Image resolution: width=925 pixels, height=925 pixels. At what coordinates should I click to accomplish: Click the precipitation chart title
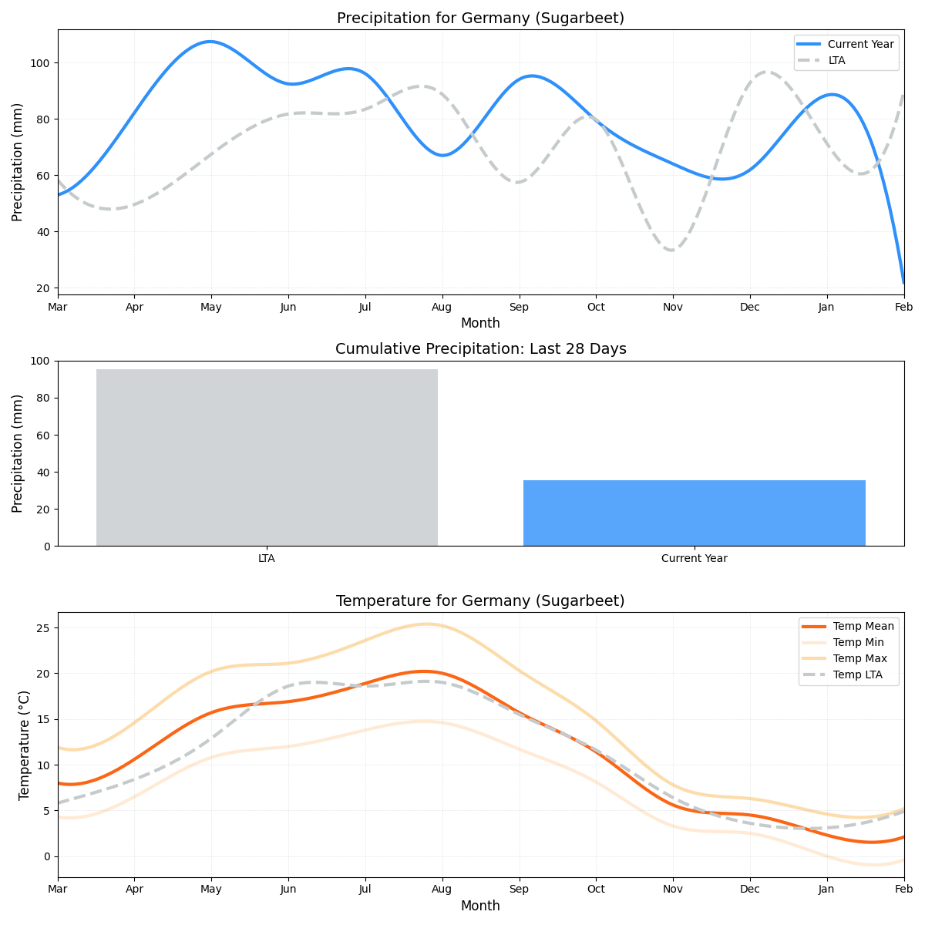click(480, 18)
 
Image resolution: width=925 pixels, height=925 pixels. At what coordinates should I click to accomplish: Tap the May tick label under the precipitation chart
click(211, 308)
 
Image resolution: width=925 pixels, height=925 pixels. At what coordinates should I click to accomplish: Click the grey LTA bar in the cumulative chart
click(267, 458)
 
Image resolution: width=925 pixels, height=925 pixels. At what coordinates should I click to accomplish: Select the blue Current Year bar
click(694, 513)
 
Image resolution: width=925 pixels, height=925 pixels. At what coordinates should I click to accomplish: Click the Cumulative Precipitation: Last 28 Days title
click(480, 349)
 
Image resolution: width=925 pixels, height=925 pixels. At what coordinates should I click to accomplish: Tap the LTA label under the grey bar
click(267, 559)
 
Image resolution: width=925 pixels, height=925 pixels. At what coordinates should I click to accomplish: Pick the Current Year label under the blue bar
click(694, 559)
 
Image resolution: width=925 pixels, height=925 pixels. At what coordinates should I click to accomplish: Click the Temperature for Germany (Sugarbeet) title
click(480, 601)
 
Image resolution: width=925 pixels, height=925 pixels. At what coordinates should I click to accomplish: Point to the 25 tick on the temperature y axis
click(45, 628)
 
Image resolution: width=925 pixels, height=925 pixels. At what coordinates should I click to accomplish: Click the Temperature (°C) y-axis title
click(24, 745)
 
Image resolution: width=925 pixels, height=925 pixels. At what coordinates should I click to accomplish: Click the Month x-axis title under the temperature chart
click(480, 906)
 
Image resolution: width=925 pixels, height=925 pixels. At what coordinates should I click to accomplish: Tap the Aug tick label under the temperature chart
click(442, 890)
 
